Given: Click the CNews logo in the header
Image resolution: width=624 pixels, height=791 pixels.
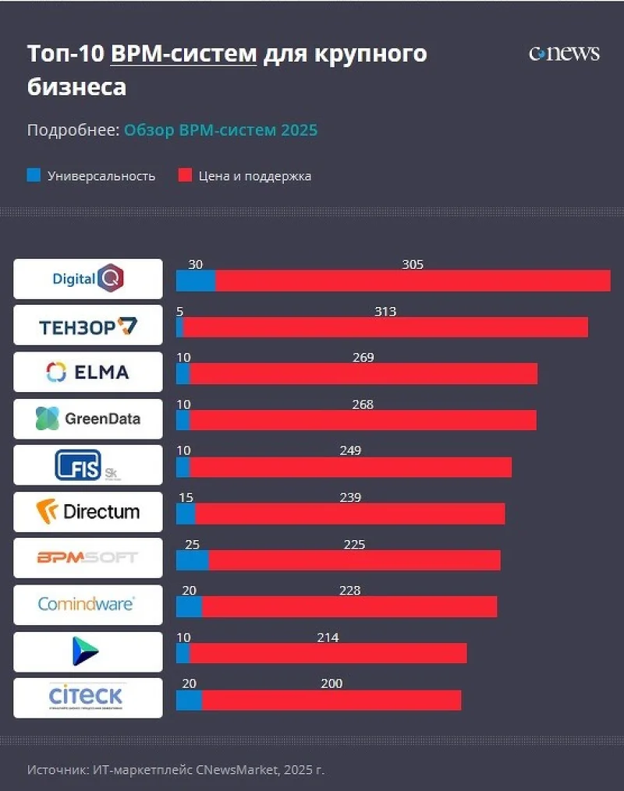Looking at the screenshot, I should click(x=564, y=53).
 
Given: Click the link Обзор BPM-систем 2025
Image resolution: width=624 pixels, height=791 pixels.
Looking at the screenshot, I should click(x=221, y=130).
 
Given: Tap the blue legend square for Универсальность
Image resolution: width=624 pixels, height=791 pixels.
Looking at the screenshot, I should click(x=34, y=175).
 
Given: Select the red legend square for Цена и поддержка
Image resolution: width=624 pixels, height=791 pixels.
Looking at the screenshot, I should click(x=185, y=175).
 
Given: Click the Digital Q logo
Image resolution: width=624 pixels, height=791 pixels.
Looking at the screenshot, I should click(x=88, y=278).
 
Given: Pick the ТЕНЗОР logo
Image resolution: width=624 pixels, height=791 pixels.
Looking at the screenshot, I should click(x=88, y=326).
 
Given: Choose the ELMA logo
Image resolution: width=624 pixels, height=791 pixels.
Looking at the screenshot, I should click(x=88, y=372).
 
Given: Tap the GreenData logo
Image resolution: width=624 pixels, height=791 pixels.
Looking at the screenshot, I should click(x=88, y=418).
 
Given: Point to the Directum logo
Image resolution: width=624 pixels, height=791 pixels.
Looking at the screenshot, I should click(x=88, y=511).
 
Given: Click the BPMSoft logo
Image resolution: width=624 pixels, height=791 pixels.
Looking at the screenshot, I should click(x=88, y=557).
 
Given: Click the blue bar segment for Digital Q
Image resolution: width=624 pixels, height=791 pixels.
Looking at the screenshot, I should click(x=196, y=281).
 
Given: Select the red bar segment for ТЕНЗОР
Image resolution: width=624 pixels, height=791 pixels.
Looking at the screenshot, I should click(x=385, y=327).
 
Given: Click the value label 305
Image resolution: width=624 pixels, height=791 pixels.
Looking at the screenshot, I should click(x=413, y=264).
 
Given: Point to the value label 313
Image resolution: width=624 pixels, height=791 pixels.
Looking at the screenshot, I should click(x=385, y=312).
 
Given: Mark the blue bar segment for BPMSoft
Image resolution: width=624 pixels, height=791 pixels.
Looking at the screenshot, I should click(x=192, y=560).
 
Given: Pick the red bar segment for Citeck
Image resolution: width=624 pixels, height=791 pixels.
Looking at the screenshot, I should click(x=331, y=700).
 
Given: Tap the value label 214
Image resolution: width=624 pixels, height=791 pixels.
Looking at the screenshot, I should click(x=328, y=637).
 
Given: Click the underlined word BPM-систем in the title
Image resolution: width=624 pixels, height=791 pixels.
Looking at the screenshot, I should click(x=184, y=54).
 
